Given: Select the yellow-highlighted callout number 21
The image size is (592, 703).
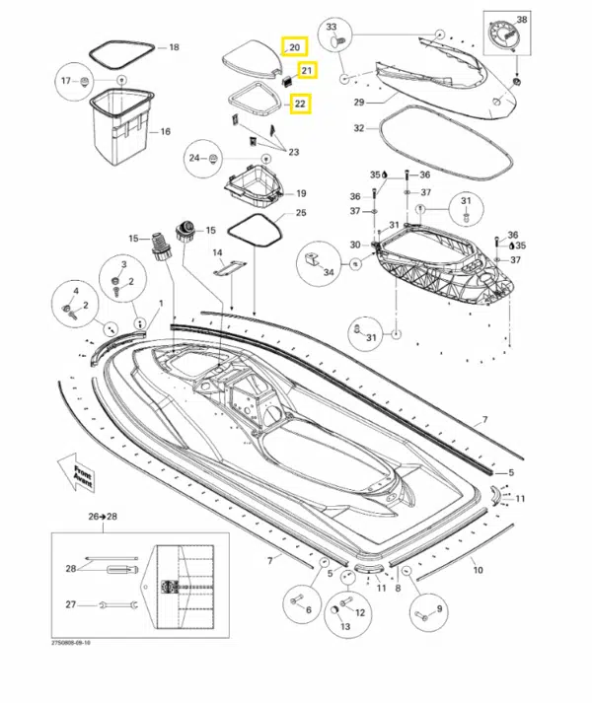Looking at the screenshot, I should pos(307,70).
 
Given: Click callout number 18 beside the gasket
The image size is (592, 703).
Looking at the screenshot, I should pos(174,47).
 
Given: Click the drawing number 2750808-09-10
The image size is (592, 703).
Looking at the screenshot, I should pos(71,641).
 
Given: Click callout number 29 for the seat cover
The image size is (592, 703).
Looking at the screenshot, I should pos(358,102).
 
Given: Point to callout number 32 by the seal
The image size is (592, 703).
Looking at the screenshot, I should pos(359,128).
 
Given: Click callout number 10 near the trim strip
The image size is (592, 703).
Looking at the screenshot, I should pos(478,570).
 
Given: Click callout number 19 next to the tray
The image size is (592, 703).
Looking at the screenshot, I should pos(300,193).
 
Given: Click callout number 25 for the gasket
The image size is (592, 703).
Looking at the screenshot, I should pos(301,213).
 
